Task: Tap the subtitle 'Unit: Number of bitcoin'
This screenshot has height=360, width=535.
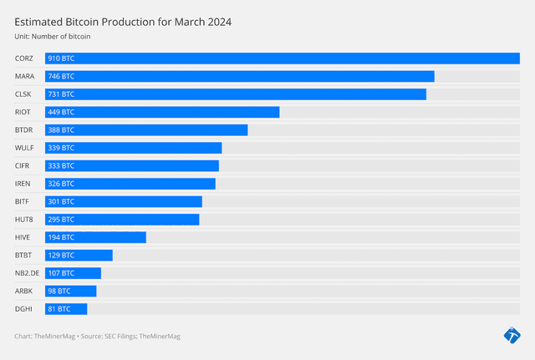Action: [53, 38]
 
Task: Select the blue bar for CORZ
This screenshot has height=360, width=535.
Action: [283, 58]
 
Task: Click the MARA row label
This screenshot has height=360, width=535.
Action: [24, 76]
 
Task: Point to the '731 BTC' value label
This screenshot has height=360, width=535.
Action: [61, 94]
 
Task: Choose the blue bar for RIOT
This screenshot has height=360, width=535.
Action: [162, 112]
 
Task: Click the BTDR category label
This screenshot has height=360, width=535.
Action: [24, 130]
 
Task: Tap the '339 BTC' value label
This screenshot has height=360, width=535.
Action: [61, 148]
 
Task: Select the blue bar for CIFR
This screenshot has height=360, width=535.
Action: [132, 165]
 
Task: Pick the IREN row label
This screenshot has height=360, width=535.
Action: [23, 184]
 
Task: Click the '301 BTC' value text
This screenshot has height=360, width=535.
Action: [61, 201]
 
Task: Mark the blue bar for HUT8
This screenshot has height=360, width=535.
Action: [122, 220]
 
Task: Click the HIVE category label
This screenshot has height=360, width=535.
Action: [23, 237]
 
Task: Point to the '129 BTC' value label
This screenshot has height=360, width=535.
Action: [61, 255]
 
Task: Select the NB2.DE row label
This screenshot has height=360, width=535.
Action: [27, 273]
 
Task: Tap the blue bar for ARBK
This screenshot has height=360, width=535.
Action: [71, 291]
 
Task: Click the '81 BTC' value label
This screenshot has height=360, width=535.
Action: [59, 309]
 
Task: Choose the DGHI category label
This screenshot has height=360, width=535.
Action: [23, 309]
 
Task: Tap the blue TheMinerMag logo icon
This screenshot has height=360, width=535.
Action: [512, 336]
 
